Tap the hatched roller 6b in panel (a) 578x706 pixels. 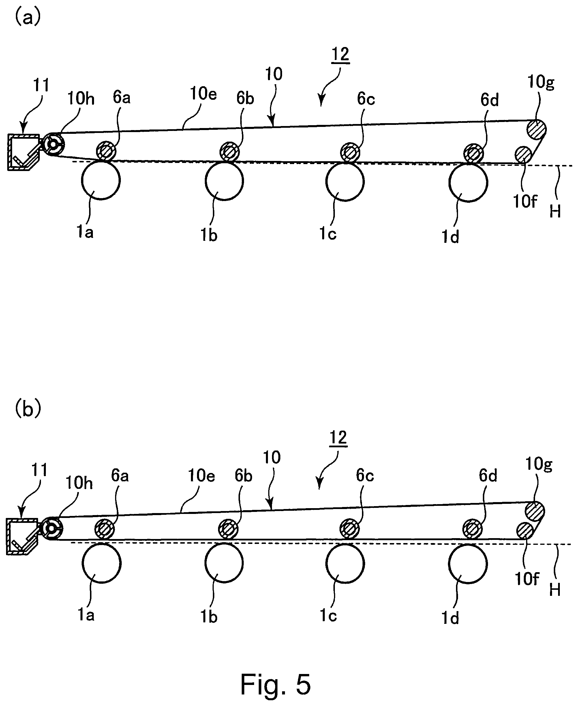click(x=229, y=152)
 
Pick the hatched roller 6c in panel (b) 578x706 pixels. click(x=350, y=529)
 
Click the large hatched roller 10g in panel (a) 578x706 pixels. click(x=536, y=129)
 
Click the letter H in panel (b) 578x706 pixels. click(x=555, y=590)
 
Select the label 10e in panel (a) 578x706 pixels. click(x=203, y=94)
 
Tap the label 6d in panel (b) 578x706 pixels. click(x=488, y=476)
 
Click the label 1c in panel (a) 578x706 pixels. click(x=328, y=234)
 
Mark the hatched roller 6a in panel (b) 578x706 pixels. click(x=105, y=529)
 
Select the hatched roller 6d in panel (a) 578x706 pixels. click(x=474, y=153)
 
